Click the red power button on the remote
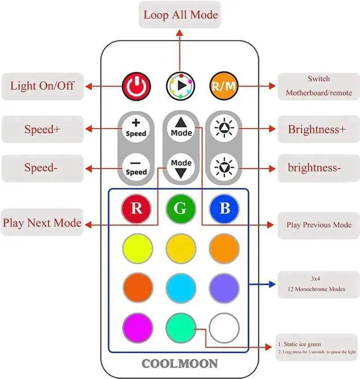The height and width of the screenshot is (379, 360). pos(136,86)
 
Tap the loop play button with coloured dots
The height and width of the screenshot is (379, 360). pos(180,86)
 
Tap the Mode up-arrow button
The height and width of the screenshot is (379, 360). pos(181,128)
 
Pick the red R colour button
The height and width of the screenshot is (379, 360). pos(136,207)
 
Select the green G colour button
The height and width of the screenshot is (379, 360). pos(180,207)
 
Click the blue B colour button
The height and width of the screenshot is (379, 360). pos(224,207)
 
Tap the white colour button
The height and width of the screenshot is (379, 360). pos(224,327)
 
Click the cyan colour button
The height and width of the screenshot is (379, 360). pos(180,287)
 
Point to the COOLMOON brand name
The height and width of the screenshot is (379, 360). pos(179,363)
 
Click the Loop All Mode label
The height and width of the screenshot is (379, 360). pos(180,14)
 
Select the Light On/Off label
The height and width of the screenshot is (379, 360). pos(42,86)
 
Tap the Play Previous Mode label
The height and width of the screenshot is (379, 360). pos(319,225)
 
